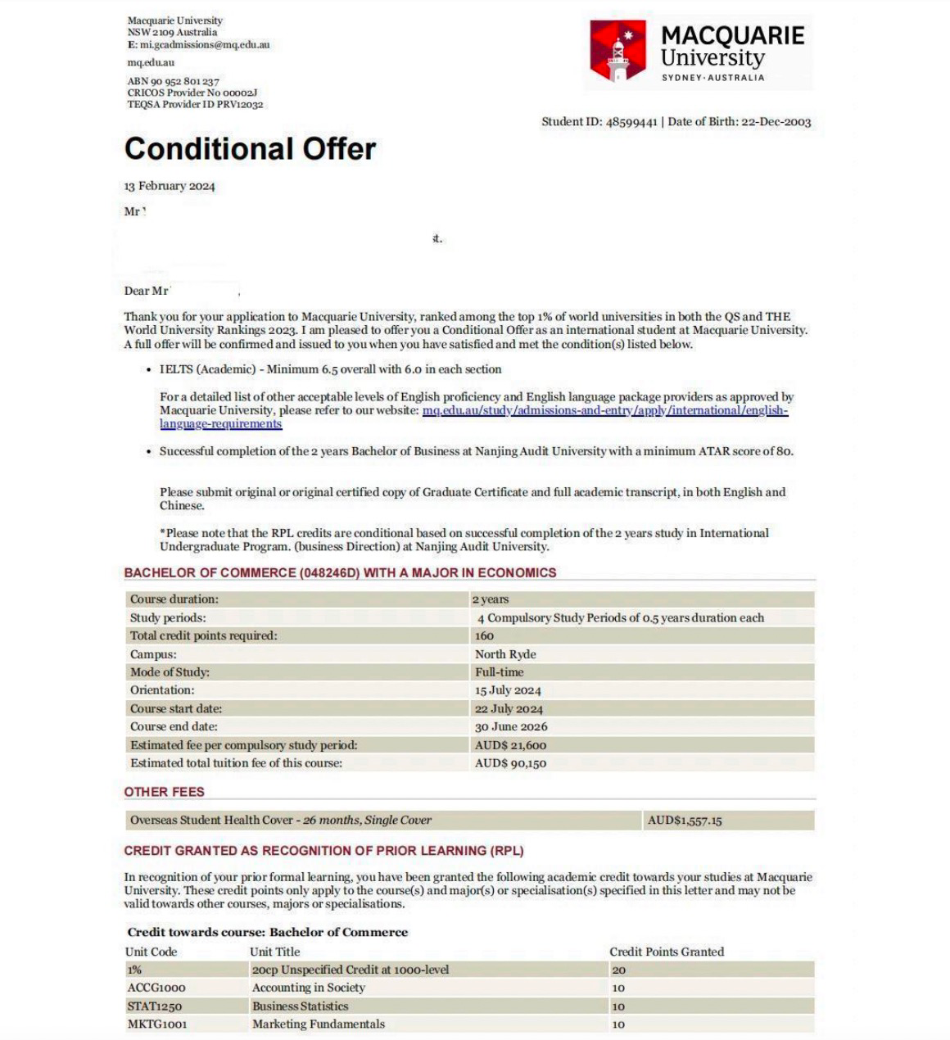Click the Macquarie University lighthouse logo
pos(618,51)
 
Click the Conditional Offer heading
pos(250,148)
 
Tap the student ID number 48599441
pos(631,122)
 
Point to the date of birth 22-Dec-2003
pos(776,122)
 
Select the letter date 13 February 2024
pos(170,186)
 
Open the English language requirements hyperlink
pos(604,410)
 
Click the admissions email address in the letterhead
pos(205,45)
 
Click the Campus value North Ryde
pos(505,654)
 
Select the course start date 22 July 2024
pos(509,709)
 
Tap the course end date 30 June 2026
pos(511,727)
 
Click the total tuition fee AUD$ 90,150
pos(510,763)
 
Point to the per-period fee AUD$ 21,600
pos(510,745)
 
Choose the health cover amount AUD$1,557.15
pos(685,821)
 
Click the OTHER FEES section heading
pos(165,792)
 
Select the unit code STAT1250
pos(155,1006)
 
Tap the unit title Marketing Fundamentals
pos(318,1024)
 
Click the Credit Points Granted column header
pos(667,952)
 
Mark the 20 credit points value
pos(618,970)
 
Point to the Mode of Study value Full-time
pos(499,672)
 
